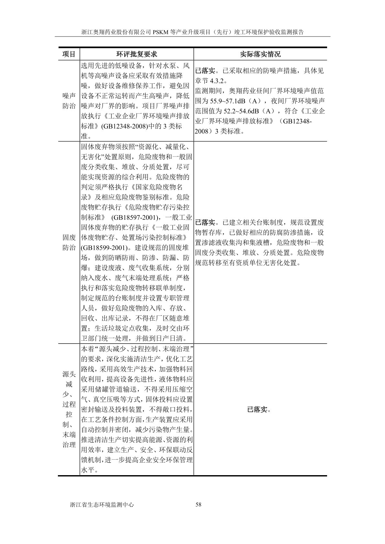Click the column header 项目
click(x=69, y=54)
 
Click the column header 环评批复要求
click(x=137, y=54)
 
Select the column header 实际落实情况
click(x=260, y=54)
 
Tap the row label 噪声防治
click(x=69, y=101)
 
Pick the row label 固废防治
click(x=69, y=243)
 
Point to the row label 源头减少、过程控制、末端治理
click(x=69, y=409)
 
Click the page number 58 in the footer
click(x=199, y=505)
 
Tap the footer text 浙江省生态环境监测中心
click(x=102, y=505)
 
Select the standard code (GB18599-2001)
click(x=103, y=248)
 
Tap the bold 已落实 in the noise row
click(x=205, y=70)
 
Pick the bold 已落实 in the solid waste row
click(x=205, y=222)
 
